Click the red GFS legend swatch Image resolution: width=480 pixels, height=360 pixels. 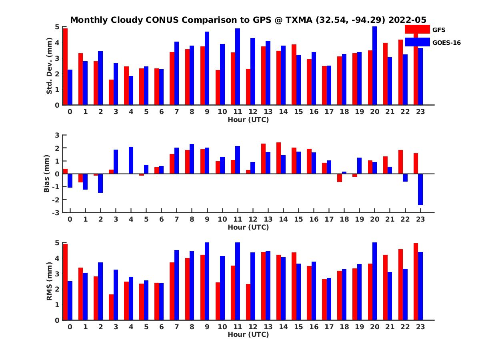tap(417, 29)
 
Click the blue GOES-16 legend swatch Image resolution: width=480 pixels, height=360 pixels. tap(417, 42)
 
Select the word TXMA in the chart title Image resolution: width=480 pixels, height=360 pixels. tap(300, 20)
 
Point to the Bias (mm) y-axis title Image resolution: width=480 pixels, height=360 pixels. tap(47, 174)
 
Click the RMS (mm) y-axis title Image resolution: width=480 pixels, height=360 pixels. tap(49, 281)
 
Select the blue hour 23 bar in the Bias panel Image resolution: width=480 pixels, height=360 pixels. tap(420, 189)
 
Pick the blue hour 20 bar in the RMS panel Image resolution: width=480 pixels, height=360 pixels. tap(375, 281)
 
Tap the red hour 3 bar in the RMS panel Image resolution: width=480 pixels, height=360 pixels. tap(111, 307)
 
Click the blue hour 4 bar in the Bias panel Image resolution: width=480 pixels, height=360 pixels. tap(131, 160)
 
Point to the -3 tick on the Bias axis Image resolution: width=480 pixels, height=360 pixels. tap(56, 212)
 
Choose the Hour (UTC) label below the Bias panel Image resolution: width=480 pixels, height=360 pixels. tap(248, 227)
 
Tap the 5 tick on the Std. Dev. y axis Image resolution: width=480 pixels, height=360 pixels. tap(58, 27)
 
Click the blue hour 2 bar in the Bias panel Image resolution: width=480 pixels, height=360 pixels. tap(100, 183)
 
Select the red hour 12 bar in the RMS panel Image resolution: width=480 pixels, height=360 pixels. tap(248, 302)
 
